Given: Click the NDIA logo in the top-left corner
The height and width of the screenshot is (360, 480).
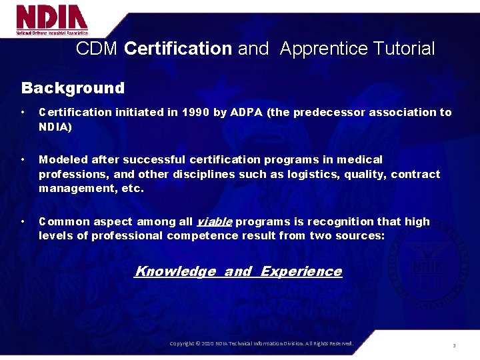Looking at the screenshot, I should coord(52,20).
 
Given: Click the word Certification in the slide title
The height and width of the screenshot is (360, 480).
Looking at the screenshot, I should coord(178,49).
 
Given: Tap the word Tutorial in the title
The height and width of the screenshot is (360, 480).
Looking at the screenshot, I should coord(404,49).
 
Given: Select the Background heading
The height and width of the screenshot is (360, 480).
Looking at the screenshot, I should coord(73,88).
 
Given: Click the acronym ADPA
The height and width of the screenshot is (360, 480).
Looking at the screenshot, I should coord(246,112).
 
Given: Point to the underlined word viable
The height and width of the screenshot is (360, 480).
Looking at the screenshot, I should coord(214,221).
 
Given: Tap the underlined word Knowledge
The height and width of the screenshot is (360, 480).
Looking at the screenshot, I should coord(175,271).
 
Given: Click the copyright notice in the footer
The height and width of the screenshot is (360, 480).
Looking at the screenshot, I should coord(261,343).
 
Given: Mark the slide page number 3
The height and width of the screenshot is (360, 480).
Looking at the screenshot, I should coord(453,345).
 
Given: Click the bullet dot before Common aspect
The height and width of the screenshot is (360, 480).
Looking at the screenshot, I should coord(23,221).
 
